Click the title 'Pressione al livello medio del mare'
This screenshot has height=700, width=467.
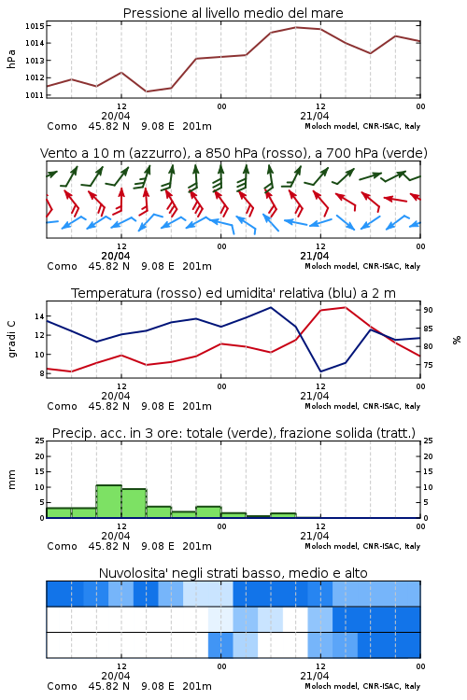(233, 13)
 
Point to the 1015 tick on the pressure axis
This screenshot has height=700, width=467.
(35, 26)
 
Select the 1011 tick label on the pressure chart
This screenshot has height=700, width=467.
(35, 95)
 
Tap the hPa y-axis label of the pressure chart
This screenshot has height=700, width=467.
(11, 60)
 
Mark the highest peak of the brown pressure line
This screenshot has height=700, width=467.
(296, 27)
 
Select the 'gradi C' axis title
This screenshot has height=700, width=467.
(11, 340)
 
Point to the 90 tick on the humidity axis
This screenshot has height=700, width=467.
(428, 310)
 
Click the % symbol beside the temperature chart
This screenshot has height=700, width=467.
(457, 340)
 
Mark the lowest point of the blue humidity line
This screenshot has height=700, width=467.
(320, 371)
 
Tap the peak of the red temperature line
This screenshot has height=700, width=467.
(345, 307)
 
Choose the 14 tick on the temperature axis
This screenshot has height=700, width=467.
(39, 316)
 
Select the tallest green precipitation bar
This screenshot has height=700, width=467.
(108, 501)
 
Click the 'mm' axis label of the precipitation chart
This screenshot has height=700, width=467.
(11, 480)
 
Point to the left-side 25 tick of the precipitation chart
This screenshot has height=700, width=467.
(39, 441)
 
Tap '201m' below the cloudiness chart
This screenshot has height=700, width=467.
(197, 686)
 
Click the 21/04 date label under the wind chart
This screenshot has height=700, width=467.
(315, 257)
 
